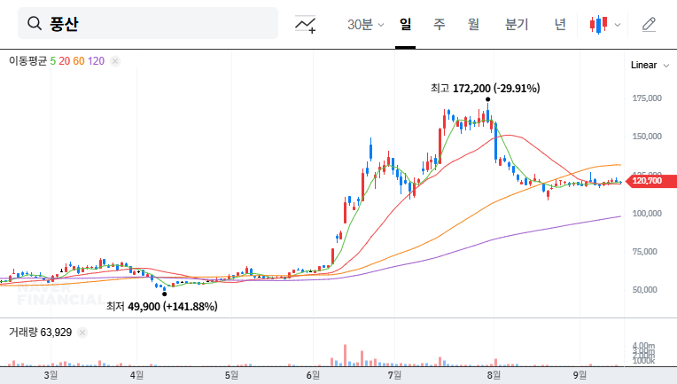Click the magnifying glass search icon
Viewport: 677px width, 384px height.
35,24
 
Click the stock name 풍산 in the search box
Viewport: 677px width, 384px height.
64,24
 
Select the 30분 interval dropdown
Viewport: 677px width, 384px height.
365,24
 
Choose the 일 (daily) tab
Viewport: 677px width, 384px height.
406,24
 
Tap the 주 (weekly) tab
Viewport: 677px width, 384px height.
439,24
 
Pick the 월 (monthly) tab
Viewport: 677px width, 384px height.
473,24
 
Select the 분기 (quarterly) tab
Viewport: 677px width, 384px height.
516,24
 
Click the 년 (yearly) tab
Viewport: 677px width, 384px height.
560,24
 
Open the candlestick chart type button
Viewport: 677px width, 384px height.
605,24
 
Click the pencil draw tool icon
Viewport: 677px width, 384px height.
649,24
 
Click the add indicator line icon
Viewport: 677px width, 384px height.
306,25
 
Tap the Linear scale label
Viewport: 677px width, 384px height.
643,65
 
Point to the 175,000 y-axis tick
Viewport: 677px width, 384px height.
648,98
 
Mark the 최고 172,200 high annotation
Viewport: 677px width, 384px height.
485,88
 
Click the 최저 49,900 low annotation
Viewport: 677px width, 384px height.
161,306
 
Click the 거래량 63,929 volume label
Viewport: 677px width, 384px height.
41,332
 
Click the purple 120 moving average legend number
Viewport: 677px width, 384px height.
97,60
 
